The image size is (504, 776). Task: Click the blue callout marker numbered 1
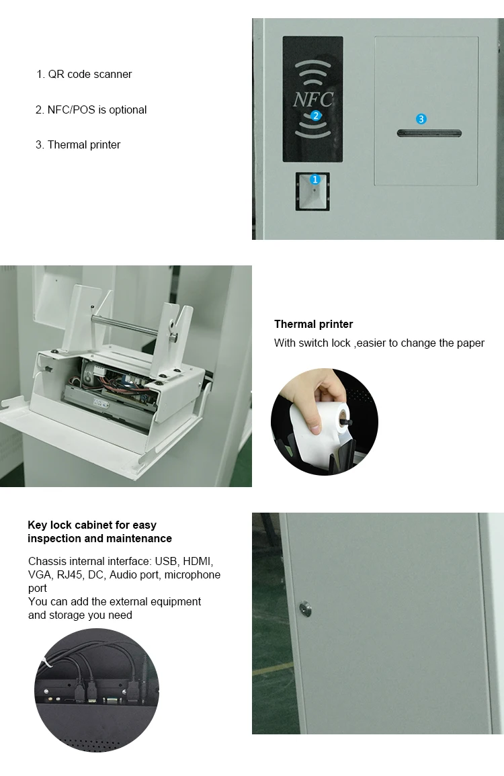pos(315,179)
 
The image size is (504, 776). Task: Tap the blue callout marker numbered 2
pos(315,116)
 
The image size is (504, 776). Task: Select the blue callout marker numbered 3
pos(421,119)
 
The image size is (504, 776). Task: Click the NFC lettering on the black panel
pos(313,99)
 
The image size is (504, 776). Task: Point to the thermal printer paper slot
pos(429,133)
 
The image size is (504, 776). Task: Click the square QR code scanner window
pos(312,191)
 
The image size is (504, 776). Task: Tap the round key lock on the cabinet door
pos(306,608)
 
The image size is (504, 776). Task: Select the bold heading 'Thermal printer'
pos(313,324)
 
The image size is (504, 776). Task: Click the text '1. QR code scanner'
pos(84,74)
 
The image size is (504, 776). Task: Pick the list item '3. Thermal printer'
pos(78,145)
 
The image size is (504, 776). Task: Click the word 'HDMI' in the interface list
pos(198,561)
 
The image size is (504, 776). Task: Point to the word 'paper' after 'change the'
pos(470,343)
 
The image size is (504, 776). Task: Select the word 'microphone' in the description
pos(193,574)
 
